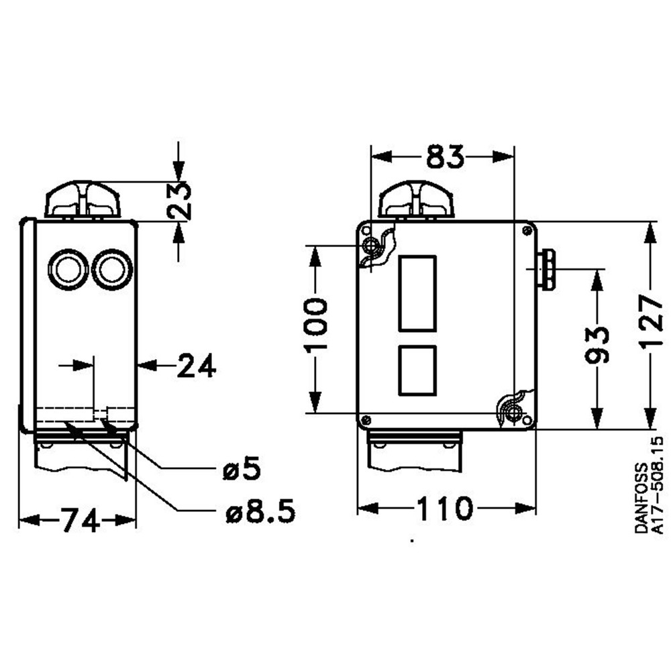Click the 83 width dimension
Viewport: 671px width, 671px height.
(x=444, y=157)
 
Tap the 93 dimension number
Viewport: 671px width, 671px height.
(x=596, y=344)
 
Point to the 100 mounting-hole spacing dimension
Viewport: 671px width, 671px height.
(x=315, y=325)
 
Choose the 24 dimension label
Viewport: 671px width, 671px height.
(x=197, y=366)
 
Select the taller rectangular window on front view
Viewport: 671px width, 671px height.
(x=417, y=293)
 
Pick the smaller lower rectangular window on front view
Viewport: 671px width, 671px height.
(x=417, y=370)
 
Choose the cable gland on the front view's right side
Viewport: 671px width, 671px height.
(x=547, y=268)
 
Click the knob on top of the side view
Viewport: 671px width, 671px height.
(x=82, y=198)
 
